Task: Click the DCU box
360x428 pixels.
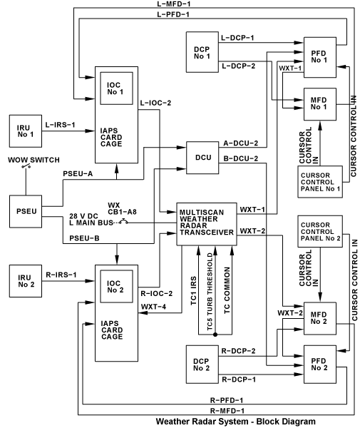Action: click(202, 158)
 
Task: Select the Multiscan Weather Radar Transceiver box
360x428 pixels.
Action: click(207, 224)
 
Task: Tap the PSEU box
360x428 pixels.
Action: click(26, 211)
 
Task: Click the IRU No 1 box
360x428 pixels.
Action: click(26, 131)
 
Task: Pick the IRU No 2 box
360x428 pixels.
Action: click(26, 281)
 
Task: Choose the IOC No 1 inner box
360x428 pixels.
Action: click(116, 88)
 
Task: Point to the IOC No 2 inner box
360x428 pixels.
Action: click(116, 286)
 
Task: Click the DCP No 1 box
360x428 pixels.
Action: click(202, 52)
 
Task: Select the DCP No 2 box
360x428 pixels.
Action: click(202, 365)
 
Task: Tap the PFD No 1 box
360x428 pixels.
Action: click(320, 57)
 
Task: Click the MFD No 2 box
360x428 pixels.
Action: click(320, 319)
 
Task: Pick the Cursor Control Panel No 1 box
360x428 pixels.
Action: click(320, 182)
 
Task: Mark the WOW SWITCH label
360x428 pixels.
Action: click(34, 160)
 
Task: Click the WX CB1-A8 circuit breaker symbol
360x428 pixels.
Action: click(124, 222)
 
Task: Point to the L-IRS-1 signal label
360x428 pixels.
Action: click(60, 125)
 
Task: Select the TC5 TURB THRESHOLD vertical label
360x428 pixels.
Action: click(210, 292)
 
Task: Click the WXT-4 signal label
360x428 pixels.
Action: click(153, 307)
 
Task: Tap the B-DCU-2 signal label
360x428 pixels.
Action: click(240, 158)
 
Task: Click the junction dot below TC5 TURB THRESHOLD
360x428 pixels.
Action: click(215, 335)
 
